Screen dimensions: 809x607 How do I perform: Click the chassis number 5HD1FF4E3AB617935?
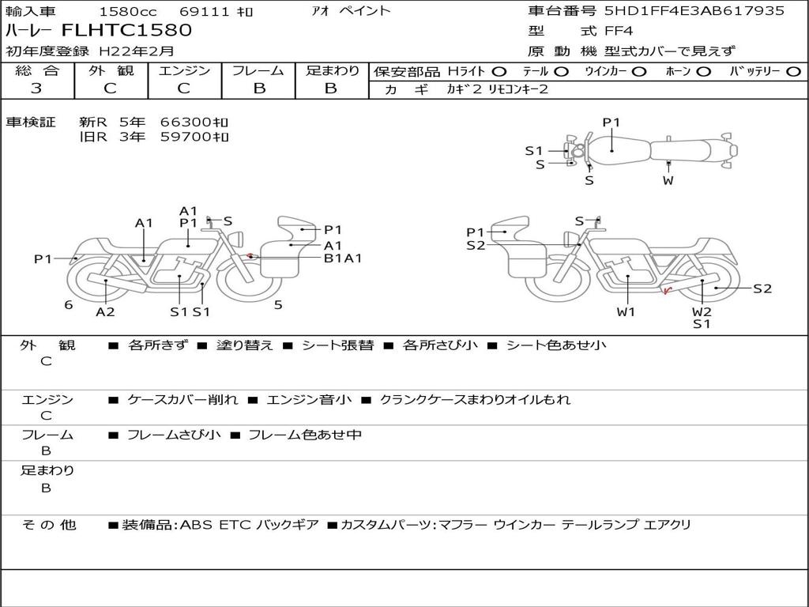[x=694, y=10]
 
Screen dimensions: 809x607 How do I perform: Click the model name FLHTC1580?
[x=126, y=30]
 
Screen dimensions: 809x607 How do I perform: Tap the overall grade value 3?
[x=36, y=89]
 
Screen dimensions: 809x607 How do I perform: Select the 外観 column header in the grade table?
[x=111, y=70]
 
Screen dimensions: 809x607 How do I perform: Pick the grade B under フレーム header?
[x=259, y=89]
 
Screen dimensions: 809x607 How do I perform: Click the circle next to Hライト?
[x=499, y=72]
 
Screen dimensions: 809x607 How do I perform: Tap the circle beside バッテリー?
[x=793, y=72]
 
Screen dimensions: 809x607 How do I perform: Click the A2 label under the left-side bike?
[x=105, y=311]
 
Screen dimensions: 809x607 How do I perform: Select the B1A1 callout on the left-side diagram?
[x=343, y=258]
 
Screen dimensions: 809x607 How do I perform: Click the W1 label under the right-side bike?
[x=626, y=311]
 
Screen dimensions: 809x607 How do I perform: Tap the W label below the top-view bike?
[x=668, y=181]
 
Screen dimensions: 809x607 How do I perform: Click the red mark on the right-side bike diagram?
[x=667, y=291]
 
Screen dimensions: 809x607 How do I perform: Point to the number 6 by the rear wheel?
[x=69, y=305]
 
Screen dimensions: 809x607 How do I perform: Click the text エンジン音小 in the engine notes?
[x=309, y=399]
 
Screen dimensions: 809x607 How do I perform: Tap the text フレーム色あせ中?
[x=305, y=435]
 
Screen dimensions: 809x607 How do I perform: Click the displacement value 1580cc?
[x=128, y=11]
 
